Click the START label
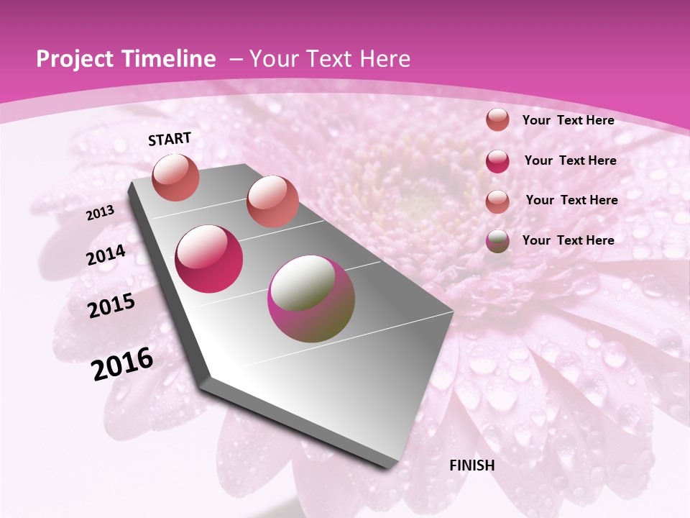(170, 139)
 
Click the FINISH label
(472, 465)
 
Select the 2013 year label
(101, 213)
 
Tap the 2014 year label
(106, 255)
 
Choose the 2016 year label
(123, 364)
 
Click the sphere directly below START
(176, 177)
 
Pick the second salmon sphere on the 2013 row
(272, 201)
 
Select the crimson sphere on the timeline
(209, 259)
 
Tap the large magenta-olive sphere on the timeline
(311, 299)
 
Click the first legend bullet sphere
(497, 120)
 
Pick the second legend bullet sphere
(497, 160)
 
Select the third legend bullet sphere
(497, 201)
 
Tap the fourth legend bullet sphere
(497, 241)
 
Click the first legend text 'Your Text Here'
(568, 120)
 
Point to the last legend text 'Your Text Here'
(568, 240)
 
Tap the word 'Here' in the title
(386, 59)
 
